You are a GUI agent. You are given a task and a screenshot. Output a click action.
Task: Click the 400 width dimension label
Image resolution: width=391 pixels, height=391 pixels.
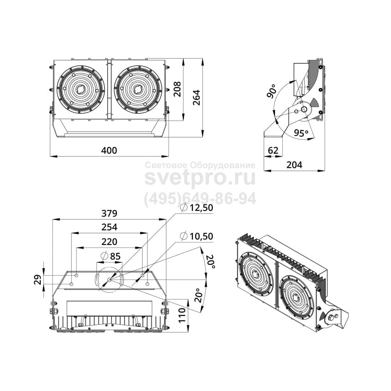[x=109, y=151]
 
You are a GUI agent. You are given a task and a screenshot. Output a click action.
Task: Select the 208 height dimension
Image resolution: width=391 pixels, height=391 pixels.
[x=177, y=89]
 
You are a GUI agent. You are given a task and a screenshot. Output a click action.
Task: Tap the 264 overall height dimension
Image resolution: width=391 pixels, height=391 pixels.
[x=197, y=97]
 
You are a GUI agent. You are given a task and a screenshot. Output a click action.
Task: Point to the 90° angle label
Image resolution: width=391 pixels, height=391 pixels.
[x=272, y=91]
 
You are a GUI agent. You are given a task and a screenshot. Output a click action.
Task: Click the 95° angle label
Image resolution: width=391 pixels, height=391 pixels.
[x=301, y=133]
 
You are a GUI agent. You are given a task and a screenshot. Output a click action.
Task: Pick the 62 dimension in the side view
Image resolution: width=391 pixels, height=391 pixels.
[x=273, y=151]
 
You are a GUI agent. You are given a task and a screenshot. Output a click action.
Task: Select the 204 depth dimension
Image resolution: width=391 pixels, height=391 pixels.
[x=294, y=165]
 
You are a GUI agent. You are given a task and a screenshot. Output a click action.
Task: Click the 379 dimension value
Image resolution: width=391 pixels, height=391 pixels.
[x=109, y=213]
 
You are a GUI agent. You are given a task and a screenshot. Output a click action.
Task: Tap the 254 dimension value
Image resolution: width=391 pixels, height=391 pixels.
[x=109, y=227]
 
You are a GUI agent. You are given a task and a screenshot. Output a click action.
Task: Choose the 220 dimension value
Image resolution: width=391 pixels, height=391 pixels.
[x=109, y=241]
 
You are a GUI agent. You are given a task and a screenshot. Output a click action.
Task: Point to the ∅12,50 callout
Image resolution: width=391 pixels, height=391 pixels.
[x=197, y=208]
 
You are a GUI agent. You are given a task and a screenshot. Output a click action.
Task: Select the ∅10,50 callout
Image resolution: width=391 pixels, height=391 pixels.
[x=197, y=236]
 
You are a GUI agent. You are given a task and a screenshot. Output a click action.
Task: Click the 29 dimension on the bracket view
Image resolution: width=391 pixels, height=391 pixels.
[x=38, y=280]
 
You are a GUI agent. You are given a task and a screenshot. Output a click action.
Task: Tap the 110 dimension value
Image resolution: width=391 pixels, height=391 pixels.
[x=182, y=315]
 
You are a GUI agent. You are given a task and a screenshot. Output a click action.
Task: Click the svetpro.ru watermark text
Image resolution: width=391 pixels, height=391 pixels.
[x=200, y=178]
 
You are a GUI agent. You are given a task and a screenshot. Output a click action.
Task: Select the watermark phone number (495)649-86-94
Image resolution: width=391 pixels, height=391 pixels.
[x=200, y=199]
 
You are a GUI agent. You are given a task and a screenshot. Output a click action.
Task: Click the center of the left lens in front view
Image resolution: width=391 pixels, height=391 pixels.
[x=80, y=89]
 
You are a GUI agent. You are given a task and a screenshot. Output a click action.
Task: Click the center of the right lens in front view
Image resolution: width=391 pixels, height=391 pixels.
[x=138, y=89]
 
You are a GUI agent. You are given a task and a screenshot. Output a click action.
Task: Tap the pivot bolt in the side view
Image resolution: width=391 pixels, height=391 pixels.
[x=304, y=109]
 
